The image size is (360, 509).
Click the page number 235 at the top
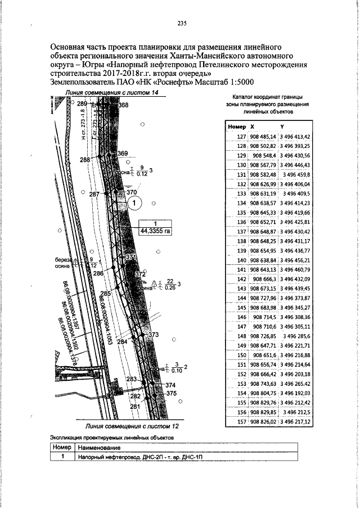pos(182,23)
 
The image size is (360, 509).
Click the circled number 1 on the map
pos(136,204)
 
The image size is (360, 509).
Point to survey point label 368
pos(124,105)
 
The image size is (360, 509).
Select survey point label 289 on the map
pos(83,104)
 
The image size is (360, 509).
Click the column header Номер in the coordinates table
pos(237,127)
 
